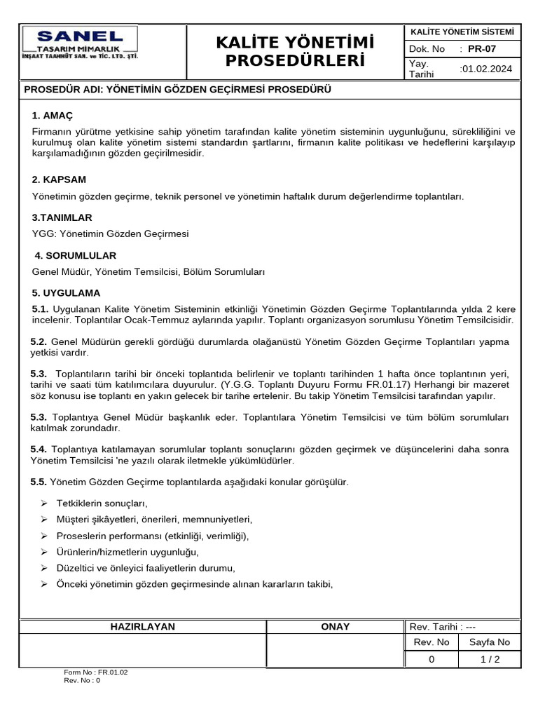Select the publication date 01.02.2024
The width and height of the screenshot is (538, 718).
click(x=486, y=69)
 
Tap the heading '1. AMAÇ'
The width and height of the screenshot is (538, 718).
click(x=53, y=115)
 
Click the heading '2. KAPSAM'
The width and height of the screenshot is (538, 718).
click(x=59, y=179)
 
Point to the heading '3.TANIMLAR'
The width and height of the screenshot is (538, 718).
click(x=62, y=217)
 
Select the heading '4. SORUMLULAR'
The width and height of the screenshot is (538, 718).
click(x=75, y=255)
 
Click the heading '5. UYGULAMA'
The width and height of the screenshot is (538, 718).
click(x=66, y=292)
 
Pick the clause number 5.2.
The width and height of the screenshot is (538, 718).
click(x=39, y=341)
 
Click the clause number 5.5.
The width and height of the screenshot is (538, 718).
click(x=39, y=482)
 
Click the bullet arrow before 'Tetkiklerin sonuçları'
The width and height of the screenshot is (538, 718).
click(x=43, y=503)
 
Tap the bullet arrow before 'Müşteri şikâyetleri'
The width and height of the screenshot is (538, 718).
click(x=43, y=520)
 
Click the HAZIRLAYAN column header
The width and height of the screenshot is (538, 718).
click(x=143, y=626)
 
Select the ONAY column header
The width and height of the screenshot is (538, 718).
click(x=335, y=626)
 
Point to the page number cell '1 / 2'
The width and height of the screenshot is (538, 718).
click(x=490, y=659)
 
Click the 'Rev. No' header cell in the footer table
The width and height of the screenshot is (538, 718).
click(x=432, y=642)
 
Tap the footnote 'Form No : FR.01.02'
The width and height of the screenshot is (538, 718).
click(x=96, y=672)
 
